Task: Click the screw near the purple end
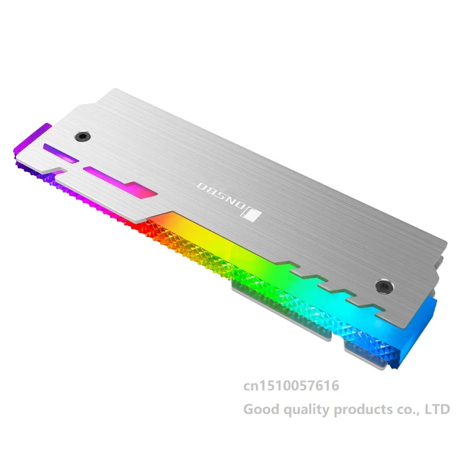(x=83, y=136)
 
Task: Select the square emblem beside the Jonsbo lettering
(x=251, y=216)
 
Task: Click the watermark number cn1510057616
(x=291, y=385)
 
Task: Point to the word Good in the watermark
(x=262, y=409)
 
